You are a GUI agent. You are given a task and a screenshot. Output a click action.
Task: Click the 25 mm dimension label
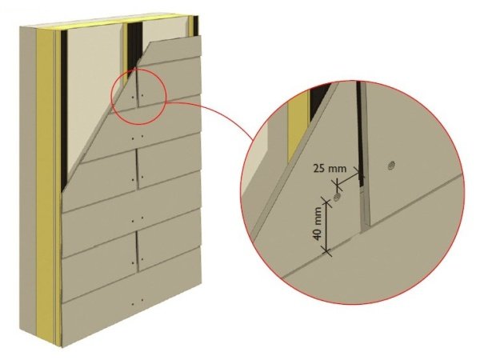[330, 168]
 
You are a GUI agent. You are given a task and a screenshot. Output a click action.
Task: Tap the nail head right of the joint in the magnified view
[391, 166]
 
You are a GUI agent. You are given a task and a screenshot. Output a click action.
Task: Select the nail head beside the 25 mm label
[338, 196]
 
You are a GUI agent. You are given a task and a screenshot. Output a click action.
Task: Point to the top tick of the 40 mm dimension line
[325, 202]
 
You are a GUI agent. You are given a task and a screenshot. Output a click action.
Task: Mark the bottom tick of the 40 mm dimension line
[327, 252]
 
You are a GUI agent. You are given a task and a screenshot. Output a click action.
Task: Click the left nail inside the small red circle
[132, 97]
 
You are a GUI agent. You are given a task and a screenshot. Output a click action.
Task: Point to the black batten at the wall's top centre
[134, 46]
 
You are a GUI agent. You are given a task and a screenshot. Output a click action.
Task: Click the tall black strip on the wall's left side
[64, 110]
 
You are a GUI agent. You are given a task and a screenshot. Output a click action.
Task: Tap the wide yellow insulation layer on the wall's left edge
[45, 184]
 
